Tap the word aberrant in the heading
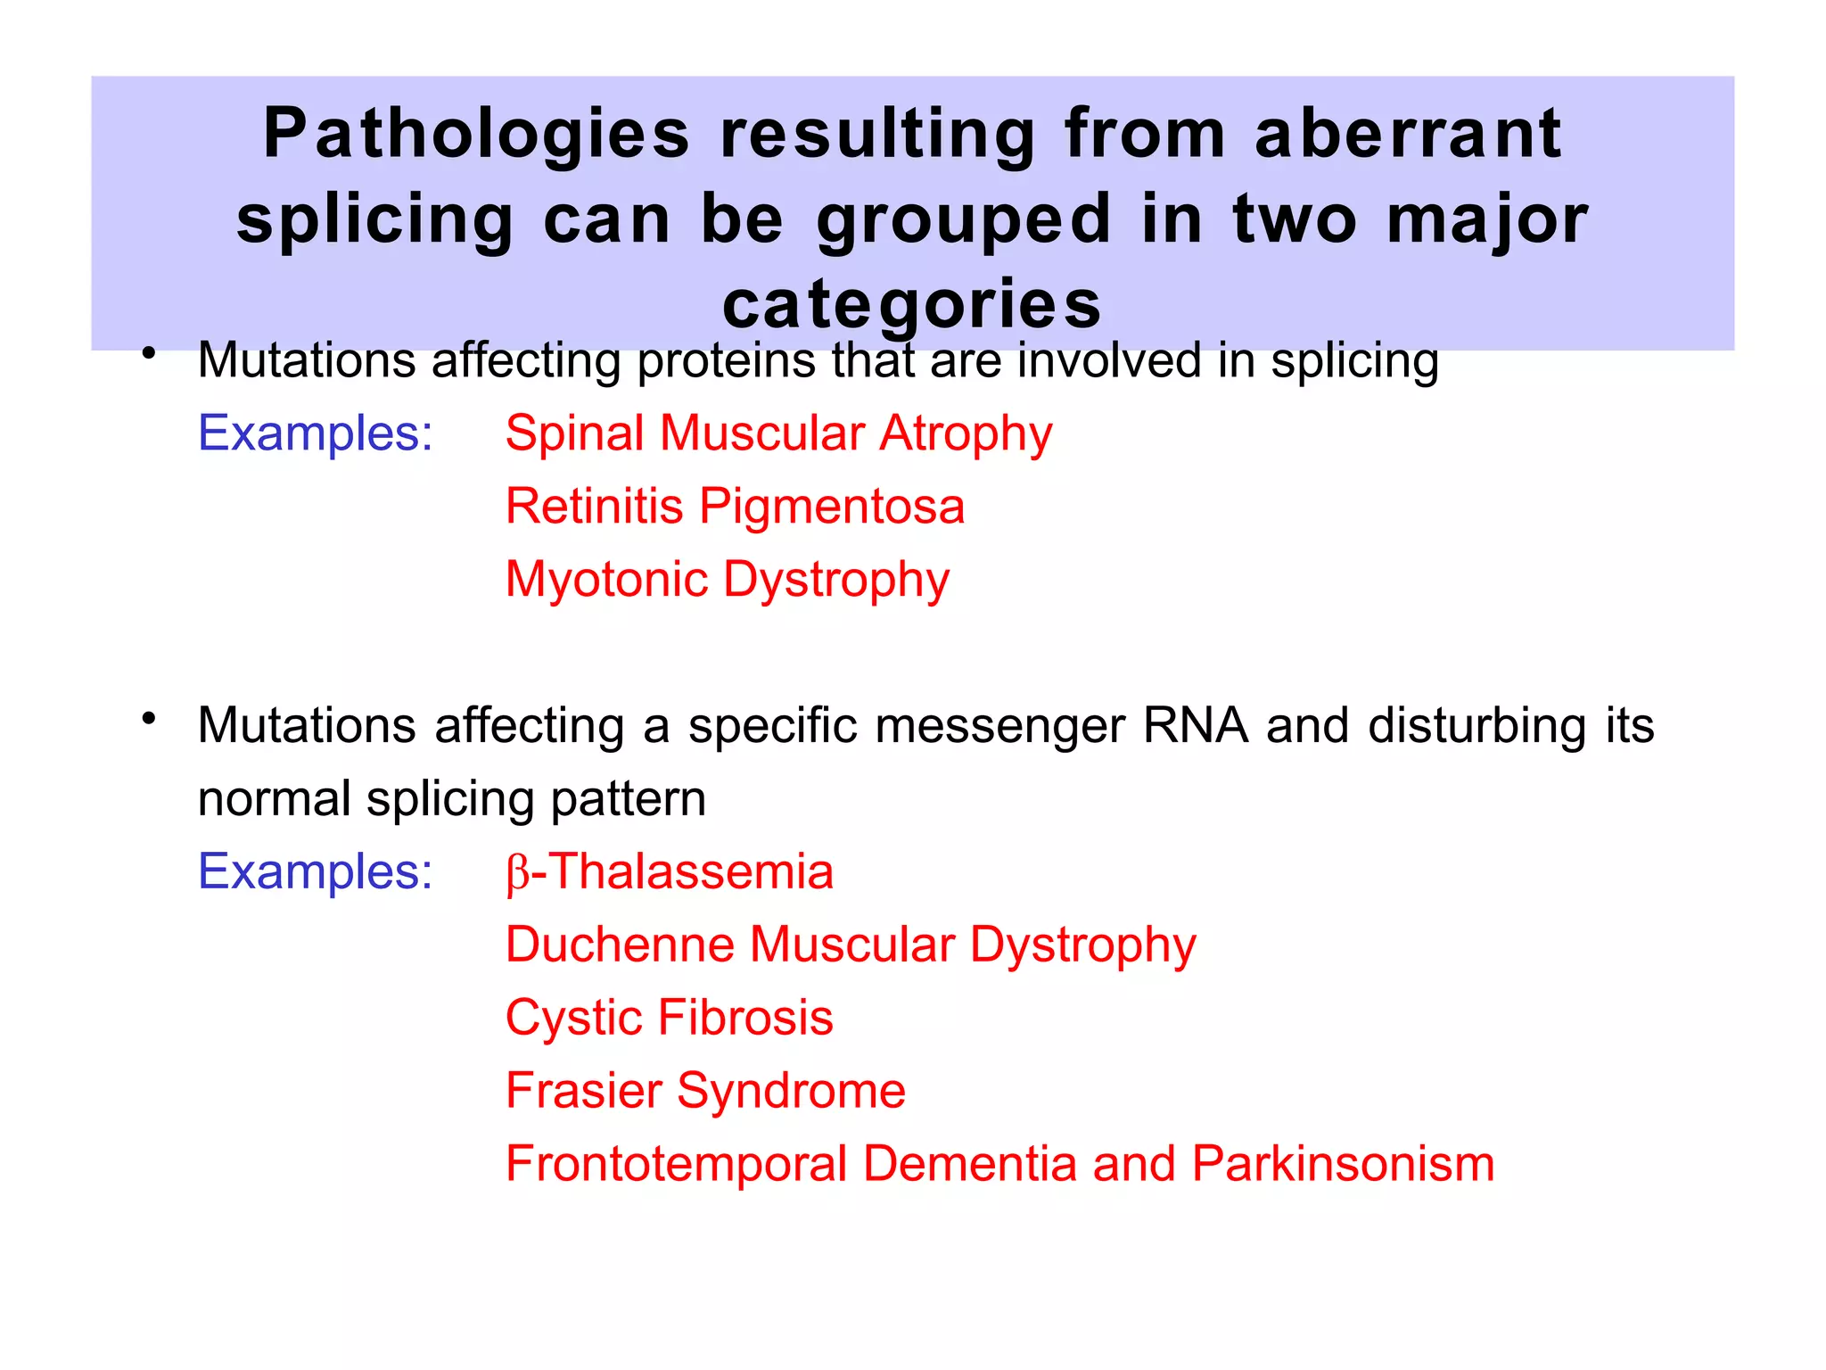[1408, 134]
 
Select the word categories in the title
[912, 305]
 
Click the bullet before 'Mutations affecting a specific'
[149, 718]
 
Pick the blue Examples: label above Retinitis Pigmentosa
[315, 433]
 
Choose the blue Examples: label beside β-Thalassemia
[315, 871]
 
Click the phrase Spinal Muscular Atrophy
[778, 434]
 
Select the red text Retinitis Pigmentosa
[735, 507]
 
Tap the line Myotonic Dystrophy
[727, 581]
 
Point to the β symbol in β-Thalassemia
[517, 874]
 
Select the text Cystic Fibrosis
[669, 1018]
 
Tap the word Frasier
[583, 1091]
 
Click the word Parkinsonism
[1343, 1164]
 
